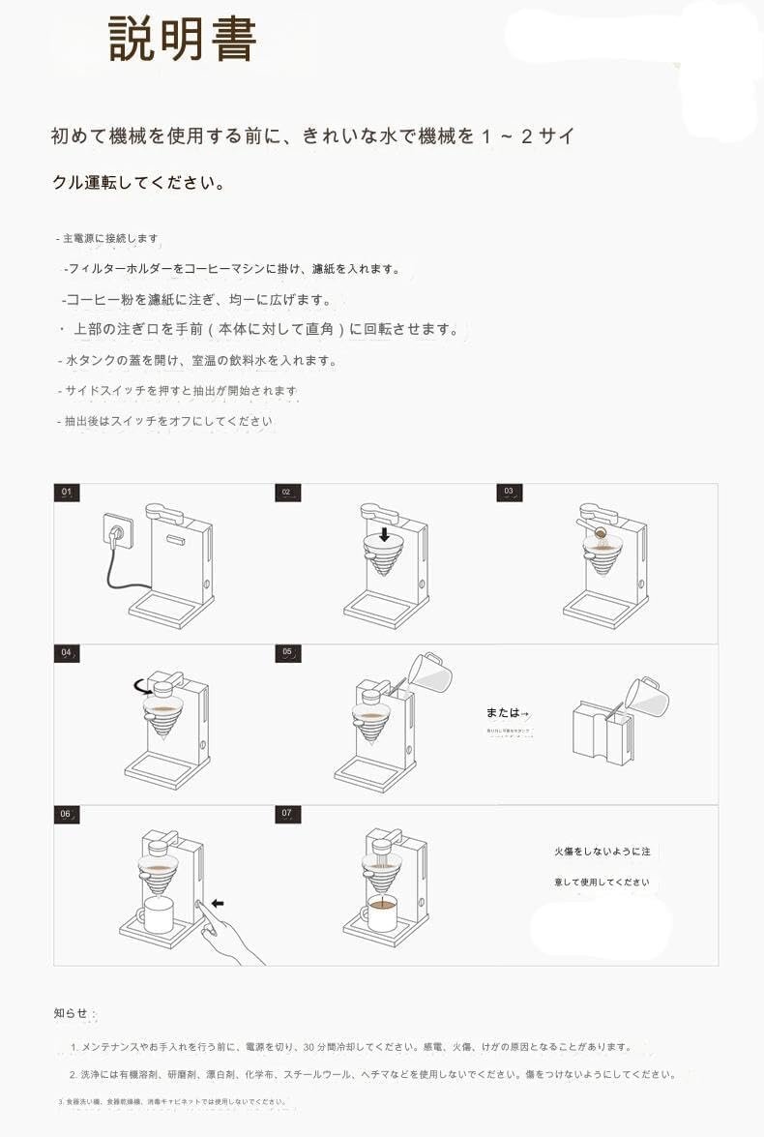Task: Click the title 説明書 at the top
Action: coord(183,40)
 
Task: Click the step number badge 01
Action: coord(67,493)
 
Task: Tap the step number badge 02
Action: coord(286,493)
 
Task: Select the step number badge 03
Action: coord(510,493)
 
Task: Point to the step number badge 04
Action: coord(67,653)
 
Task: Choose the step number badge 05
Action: coord(287,653)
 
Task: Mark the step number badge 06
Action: coord(67,814)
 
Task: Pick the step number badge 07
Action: coord(287,814)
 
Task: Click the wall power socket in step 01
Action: coord(118,532)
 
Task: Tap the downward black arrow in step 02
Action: coord(384,533)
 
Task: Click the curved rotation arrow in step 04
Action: coord(142,687)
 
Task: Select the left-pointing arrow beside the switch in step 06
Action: coord(218,903)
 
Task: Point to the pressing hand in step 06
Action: coord(232,934)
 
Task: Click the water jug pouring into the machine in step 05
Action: coord(428,671)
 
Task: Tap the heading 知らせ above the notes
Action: coord(71,1013)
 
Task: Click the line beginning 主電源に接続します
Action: coord(108,238)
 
